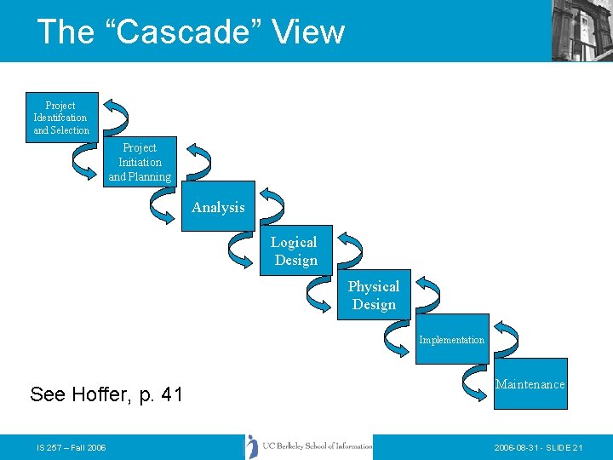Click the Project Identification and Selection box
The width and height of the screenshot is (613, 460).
60,118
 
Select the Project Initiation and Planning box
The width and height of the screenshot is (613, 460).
140,162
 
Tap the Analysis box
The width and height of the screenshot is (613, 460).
218,207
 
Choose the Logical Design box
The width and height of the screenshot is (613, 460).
295,251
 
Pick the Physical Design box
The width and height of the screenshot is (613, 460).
373,296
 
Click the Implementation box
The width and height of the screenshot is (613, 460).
451,340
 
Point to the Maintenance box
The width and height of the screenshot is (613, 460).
530,384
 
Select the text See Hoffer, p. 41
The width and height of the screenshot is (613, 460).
106,394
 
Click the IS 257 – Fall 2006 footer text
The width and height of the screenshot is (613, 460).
72,447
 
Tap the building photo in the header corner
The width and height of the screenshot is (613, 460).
581,30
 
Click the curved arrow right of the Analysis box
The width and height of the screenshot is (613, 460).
271,205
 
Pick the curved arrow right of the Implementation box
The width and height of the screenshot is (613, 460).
505,338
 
